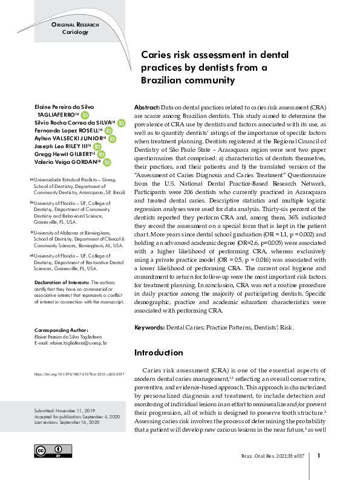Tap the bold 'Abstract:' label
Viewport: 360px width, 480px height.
tap(147, 106)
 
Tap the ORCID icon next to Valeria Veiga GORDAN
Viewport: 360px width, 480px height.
tap(106, 162)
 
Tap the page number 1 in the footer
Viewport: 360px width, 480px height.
tap(318, 456)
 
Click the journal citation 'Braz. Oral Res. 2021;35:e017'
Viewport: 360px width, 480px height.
tap(270, 456)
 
